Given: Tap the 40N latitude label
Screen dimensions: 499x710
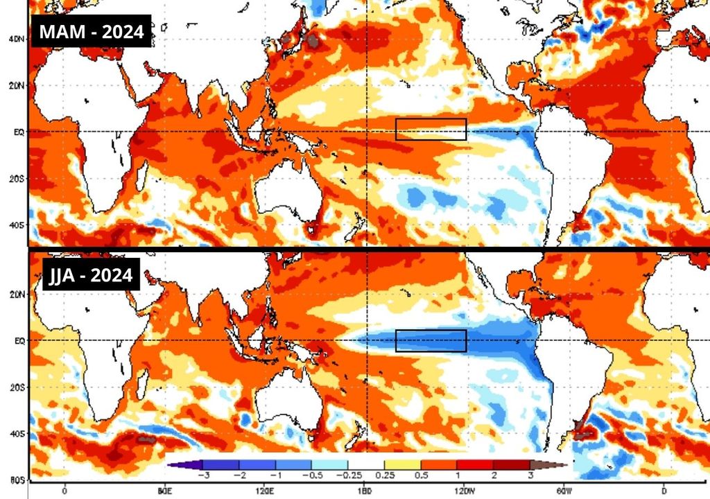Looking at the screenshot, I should click(x=17, y=40).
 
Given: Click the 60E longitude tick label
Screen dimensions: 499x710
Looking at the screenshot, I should click(x=164, y=489).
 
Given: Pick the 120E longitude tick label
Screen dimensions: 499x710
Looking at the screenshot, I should click(x=264, y=489).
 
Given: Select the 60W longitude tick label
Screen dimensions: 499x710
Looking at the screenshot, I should click(x=564, y=489).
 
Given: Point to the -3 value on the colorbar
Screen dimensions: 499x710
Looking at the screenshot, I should click(x=204, y=475).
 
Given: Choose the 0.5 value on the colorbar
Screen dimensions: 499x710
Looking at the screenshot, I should click(x=420, y=475).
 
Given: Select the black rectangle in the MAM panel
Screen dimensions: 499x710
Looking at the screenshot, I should click(x=431, y=130).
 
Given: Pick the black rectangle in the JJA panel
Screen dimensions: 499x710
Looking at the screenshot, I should click(x=431, y=340).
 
